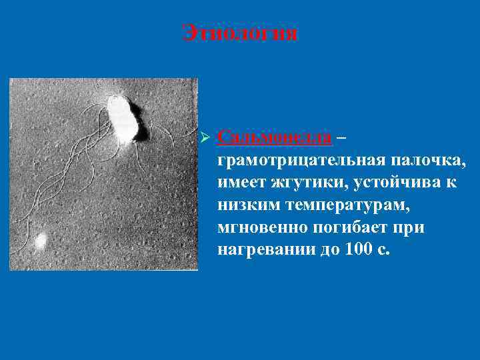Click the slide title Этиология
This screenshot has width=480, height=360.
tap(240, 33)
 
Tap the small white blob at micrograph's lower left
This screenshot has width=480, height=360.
tap(41, 239)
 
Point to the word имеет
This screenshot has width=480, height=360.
tap(239, 183)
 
